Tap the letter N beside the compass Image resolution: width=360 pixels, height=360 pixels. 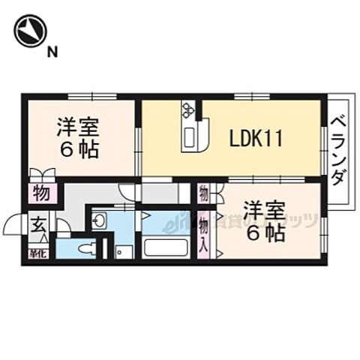[52, 52]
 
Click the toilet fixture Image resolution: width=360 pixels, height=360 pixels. [84, 248]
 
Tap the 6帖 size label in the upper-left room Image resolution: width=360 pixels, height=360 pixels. [79, 150]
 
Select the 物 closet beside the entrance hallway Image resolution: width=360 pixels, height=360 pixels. [42, 194]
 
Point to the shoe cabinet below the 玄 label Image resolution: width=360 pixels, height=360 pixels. [37, 252]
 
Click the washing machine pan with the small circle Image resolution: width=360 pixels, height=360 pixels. [124, 251]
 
